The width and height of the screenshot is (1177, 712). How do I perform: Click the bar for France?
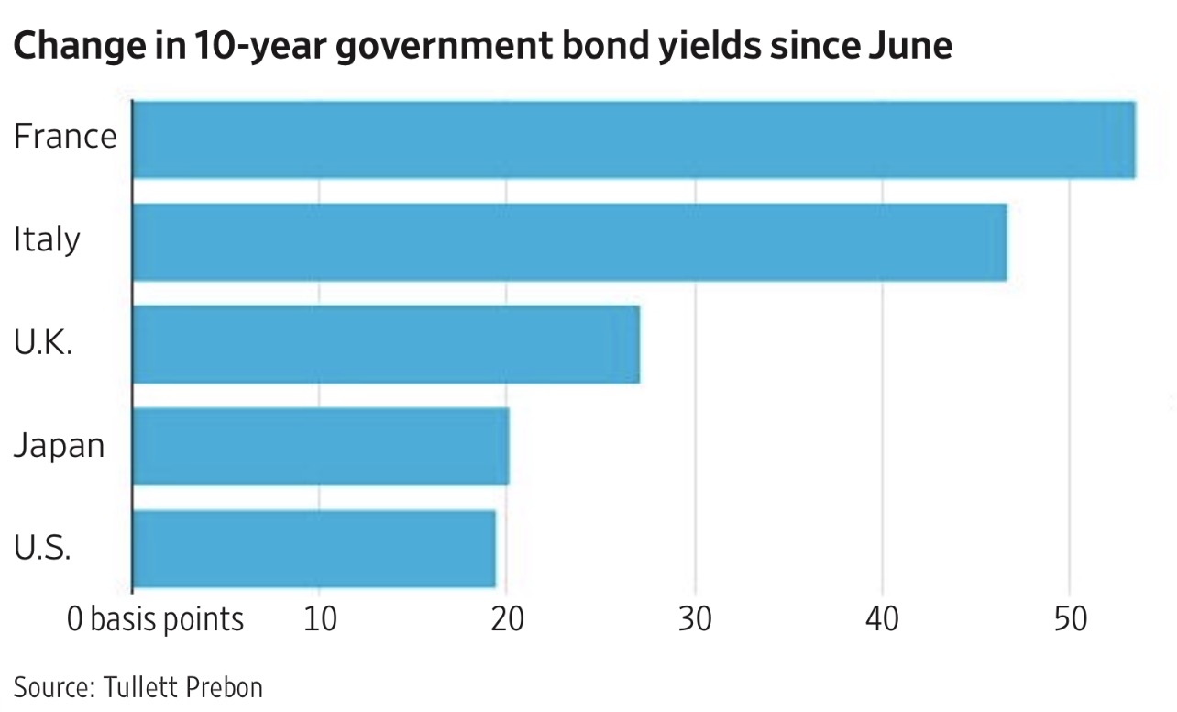[634, 139]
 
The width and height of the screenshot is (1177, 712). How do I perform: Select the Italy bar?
[570, 242]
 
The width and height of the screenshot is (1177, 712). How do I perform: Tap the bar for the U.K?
[386, 344]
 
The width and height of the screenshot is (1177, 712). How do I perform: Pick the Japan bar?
[321, 446]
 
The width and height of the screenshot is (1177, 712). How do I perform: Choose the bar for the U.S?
[314, 549]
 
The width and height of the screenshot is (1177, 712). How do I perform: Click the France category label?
[65, 136]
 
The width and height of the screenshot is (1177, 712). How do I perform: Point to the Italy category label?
[47, 239]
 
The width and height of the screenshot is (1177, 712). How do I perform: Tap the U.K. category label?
[43, 342]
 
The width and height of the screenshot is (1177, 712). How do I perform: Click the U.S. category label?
[42, 547]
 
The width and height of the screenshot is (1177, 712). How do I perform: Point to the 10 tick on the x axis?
[321, 619]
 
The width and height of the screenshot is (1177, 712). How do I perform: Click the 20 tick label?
[507, 619]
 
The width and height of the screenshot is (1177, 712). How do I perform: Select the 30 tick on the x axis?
[695, 619]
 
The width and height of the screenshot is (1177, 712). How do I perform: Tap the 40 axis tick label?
[882, 619]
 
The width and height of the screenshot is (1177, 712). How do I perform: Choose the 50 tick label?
[1070, 619]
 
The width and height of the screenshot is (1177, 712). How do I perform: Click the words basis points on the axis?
[167, 620]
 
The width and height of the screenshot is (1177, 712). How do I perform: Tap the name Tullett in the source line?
[137, 686]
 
